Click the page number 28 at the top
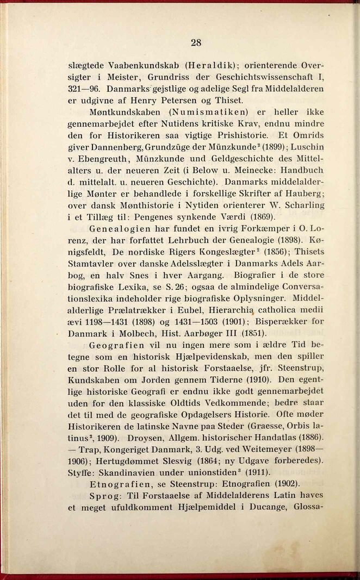pyautogui.click(x=196, y=42)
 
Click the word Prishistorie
pyautogui.click(x=232, y=134)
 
